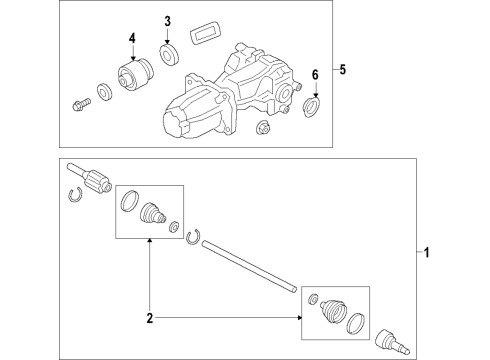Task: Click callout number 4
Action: [x=132, y=38]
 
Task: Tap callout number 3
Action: [x=167, y=21]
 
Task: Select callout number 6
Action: [x=315, y=75]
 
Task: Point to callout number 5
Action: [x=343, y=69]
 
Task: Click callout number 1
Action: [x=426, y=253]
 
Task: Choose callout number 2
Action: [x=150, y=318]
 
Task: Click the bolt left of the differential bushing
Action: [x=81, y=104]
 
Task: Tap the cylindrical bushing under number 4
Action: [x=136, y=74]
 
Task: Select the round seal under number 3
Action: [x=169, y=53]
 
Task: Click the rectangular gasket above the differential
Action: [x=205, y=32]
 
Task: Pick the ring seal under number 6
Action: [x=312, y=106]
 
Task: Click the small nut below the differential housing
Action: [x=263, y=127]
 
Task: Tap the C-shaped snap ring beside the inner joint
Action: [x=75, y=195]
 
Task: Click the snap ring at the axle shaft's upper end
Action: [x=193, y=237]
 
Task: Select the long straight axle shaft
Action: [x=249, y=266]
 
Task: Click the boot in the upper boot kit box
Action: [x=152, y=212]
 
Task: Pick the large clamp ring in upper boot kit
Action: [x=129, y=201]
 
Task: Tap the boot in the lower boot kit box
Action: [x=333, y=311]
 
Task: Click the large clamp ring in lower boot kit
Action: [x=356, y=323]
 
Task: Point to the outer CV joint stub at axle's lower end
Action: [x=392, y=342]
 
